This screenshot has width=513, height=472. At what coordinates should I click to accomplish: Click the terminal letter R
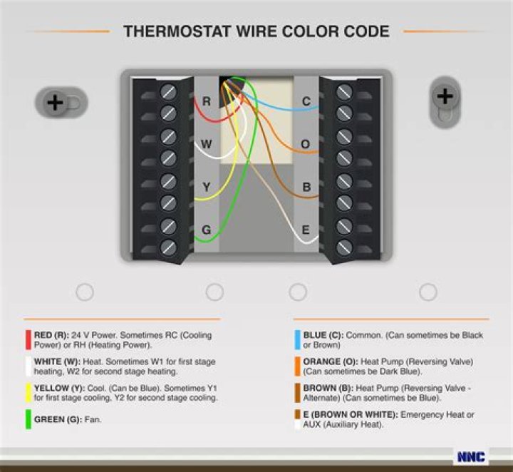pyautogui.click(x=207, y=101)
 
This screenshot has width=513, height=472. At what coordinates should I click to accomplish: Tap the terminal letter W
pyautogui.click(x=206, y=144)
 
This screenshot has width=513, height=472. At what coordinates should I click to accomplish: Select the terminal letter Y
pyautogui.click(x=207, y=187)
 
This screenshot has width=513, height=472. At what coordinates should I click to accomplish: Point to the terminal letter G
pyautogui.click(x=207, y=230)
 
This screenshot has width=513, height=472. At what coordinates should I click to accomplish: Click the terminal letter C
pyautogui.click(x=306, y=101)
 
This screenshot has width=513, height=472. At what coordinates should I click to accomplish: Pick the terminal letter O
pyautogui.click(x=305, y=144)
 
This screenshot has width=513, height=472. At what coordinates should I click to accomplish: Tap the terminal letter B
pyautogui.click(x=306, y=187)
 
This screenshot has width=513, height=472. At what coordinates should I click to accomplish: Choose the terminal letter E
pyautogui.click(x=306, y=230)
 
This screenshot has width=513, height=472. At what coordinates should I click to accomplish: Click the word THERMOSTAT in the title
pyautogui.click(x=177, y=31)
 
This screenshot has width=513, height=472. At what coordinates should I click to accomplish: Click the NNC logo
pyautogui.click(x=471, y=456)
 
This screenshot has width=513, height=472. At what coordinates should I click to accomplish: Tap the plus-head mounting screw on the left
pyautogui.click(x=55, y=103)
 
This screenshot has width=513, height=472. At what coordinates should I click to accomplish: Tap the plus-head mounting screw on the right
pyautogui.click(x=445, y=96)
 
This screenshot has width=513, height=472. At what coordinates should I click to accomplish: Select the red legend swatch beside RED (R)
pyautogui.click(x=28, y=340)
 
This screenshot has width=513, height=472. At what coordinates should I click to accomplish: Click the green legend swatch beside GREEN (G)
pyautogui.click(x=28, y=419)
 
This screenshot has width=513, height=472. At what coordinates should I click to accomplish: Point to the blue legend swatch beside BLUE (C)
pyautogui.click(x=297, y=340)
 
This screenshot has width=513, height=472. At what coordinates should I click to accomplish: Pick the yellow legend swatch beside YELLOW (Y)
pyautogui.click(x=28, y=392)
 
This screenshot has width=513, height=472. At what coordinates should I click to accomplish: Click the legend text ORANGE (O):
pyautogui.click(x=331, y=361)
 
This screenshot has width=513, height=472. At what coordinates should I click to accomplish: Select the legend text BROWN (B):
pyautogui.click(x=328, y=388)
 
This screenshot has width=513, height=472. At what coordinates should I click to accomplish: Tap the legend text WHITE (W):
pyautogui.click(x=57, y=361)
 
